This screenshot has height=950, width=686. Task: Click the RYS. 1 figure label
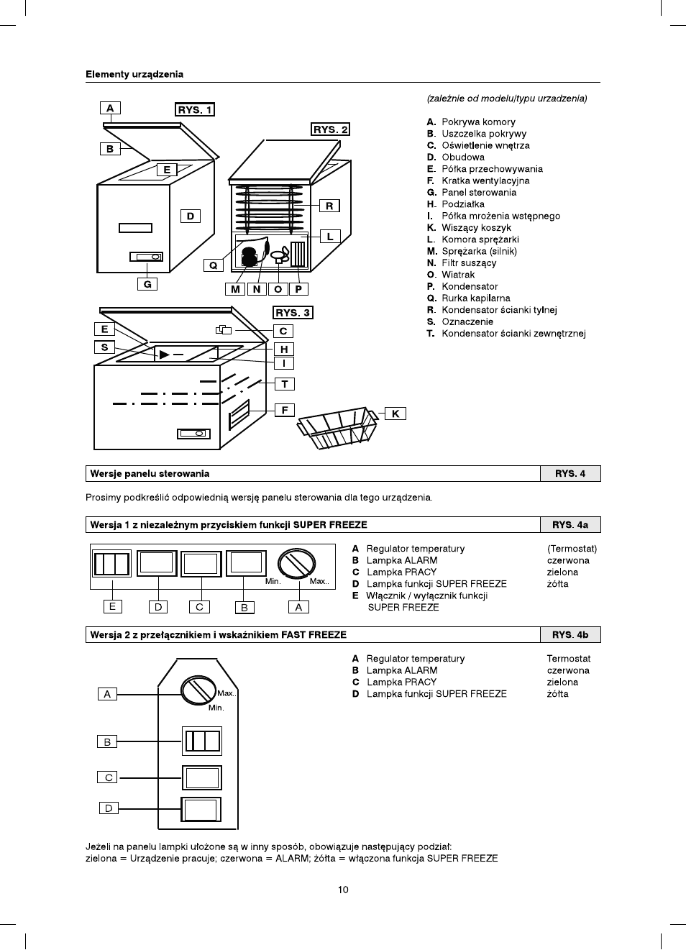pyautogui.click(x=195, y=110)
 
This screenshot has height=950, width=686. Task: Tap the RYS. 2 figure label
pyautogui.click(x=331, y=129)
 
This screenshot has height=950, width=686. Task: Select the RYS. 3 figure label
pyautogui.click(x=293, y=313)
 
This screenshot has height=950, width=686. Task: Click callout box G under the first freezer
pyautogui.click(x=147, y=284)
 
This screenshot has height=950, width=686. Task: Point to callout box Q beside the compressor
pyautogui.click(x=213, y=265)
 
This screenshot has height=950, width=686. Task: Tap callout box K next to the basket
pyautogui.click(x=395, y=414)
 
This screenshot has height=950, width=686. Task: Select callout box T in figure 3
pyautogui.click(x=285, y=384)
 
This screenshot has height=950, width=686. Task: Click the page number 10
pyautogui.click(x=343, y=890)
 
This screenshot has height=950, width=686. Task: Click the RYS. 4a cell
pyautogui.click(x=570, y=525)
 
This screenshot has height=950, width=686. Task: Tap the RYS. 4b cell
pyautogui.click(x=570, y=635)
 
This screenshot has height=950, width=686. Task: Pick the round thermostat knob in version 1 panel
pyautogui.click(x=297, y=565)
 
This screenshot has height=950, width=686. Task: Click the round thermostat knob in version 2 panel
pyautogui.click(x=199, y=690)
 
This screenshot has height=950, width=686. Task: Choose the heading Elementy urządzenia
pyautogui.click(x=134, y=74)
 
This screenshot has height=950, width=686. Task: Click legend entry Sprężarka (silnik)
pyautogui.click(x=479, y=251)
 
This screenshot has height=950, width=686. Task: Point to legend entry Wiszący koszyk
pyautogui.click(x=476, y=227)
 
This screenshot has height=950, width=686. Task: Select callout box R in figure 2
pyautogui.click(x=329, y=206)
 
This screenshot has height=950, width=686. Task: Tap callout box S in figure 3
pyautogui.click(x=104, y=347)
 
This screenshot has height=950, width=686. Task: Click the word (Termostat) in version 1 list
pyautogui.click(x=572, y=549)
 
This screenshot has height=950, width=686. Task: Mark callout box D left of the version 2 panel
pyautogui.click(x=109, y=808)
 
